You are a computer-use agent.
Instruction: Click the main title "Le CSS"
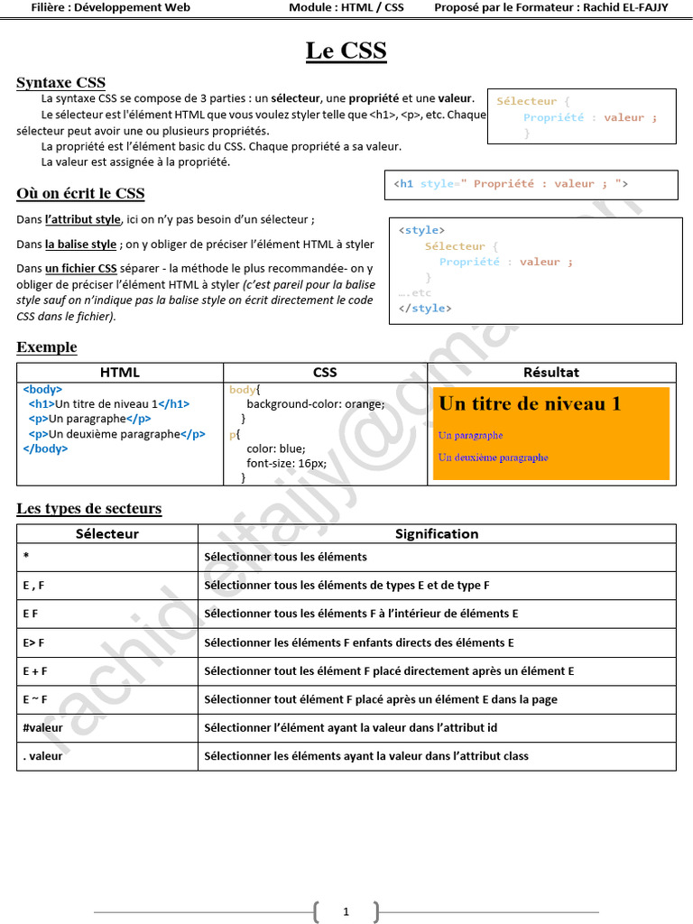coord(346,51)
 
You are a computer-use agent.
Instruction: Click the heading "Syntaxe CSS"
coord(60,83)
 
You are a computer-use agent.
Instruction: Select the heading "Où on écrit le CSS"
coord(80,193)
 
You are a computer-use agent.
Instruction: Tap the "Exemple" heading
coord(47,347)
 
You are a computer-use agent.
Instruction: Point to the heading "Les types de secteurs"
coord(88,508)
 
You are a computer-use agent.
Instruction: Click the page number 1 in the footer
coord(346,912)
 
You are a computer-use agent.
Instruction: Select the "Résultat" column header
coord(550,372)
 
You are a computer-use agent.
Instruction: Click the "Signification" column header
coord(437,533)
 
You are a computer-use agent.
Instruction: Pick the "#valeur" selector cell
coord(43,727)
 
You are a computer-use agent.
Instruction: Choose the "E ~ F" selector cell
coord(35,699)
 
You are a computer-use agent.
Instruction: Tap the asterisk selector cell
coord(26,557)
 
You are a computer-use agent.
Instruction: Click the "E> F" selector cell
coord(34,642)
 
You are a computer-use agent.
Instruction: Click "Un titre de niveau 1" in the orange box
coord(530,404)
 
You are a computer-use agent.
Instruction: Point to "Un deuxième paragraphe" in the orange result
coord(493,457)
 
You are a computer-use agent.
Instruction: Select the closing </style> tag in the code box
coord(425,309)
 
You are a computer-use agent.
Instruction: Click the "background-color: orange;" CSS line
coord(315,404)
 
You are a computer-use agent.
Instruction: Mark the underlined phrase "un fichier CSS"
coord(80,268)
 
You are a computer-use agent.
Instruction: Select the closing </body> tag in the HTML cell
coord(45,448)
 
